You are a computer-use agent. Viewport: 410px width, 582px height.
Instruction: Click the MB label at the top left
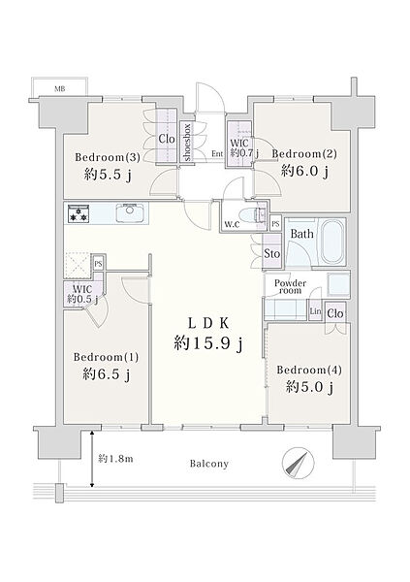tap(60, 89)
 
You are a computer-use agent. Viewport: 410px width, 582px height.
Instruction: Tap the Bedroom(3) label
tap(108, 157)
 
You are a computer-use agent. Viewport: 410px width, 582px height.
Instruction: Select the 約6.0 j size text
tap(304, 172)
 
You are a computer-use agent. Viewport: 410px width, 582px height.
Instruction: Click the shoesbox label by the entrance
tap(187, 143)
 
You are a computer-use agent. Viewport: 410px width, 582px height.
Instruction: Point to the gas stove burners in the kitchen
tap(79, 214)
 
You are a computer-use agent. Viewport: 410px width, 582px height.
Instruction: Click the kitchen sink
tap(130, 212)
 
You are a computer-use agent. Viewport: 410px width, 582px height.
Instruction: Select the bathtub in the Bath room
tap(332, 242)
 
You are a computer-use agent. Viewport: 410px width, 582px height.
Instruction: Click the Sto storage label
tap(272, 254)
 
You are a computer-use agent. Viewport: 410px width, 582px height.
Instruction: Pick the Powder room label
tap(290, 286)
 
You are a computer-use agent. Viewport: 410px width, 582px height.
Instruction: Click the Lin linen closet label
tap(315, 311)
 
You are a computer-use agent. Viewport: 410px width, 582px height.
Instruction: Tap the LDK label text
tap(208, 324)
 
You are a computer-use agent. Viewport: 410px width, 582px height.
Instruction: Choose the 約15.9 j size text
tap(208, 343)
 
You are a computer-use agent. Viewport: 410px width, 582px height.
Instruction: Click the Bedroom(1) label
tap(106, 357)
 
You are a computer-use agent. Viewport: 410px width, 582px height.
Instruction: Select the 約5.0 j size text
tap(309, 388)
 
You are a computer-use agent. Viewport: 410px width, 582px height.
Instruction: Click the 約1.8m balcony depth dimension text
tap(115, 459)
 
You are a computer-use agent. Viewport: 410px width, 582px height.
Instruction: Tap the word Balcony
tap(209, 464)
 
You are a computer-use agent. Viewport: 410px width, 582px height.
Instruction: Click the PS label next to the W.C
tap(275, 224)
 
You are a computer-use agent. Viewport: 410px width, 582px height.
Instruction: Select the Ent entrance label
tap(217, 153)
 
